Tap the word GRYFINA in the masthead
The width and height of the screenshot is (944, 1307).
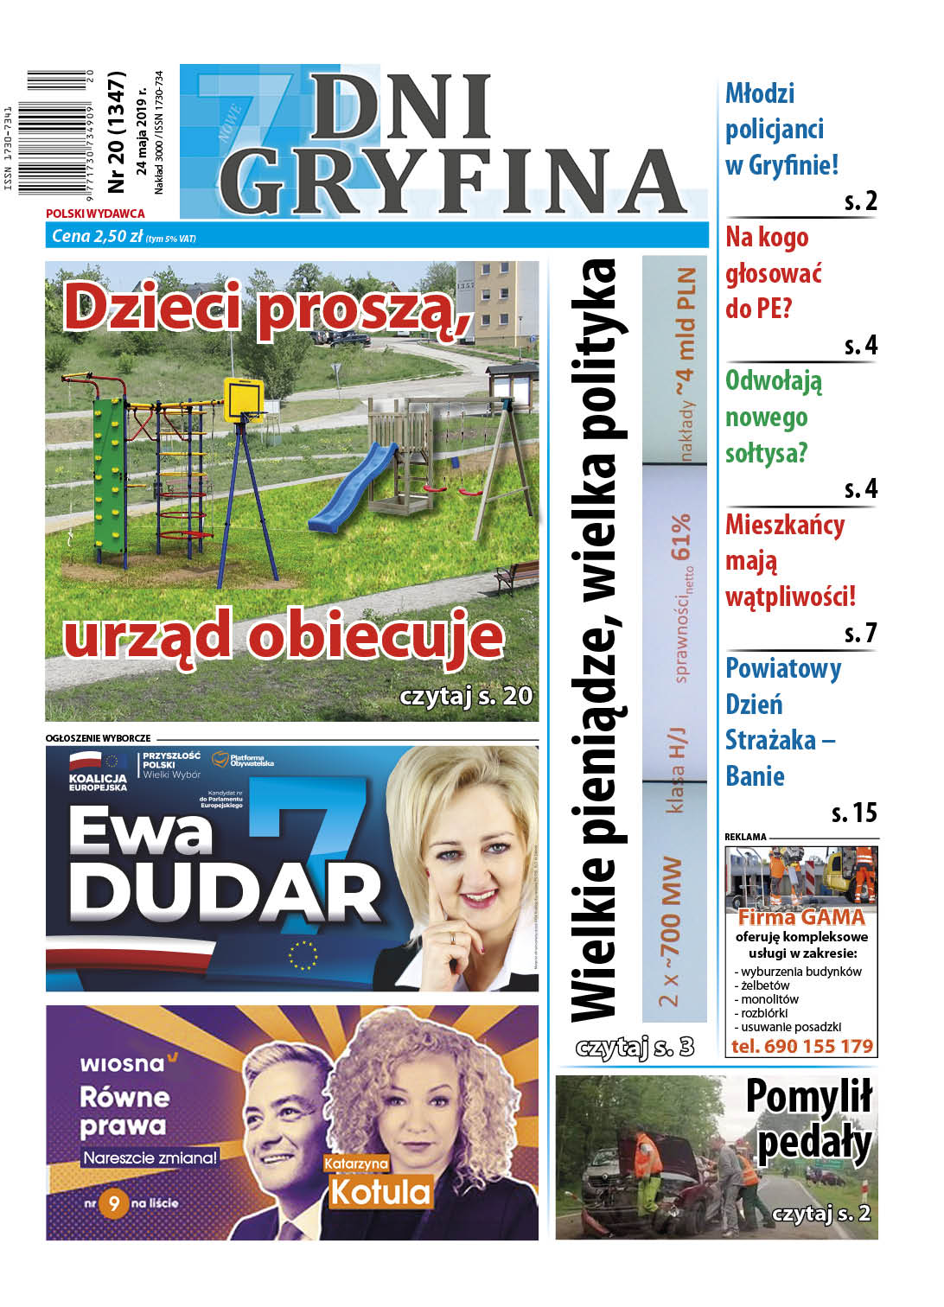click(450, 182)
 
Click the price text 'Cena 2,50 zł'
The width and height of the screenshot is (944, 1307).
click(97, 236)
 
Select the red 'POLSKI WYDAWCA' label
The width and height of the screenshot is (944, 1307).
click(95, 213)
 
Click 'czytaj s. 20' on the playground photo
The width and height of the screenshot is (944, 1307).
click(466, 696)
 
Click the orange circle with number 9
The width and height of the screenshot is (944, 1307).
click(113, 1203)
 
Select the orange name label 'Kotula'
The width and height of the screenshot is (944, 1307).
click(380, 1192)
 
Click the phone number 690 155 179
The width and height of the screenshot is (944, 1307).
click(801, 1046)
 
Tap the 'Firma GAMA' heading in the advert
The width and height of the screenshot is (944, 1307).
click(800, 917)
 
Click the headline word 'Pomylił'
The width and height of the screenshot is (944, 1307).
click(808, 1098)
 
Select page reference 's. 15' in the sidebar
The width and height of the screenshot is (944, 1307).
click(853, 813)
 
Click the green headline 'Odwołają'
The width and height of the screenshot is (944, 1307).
click(773, 381)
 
